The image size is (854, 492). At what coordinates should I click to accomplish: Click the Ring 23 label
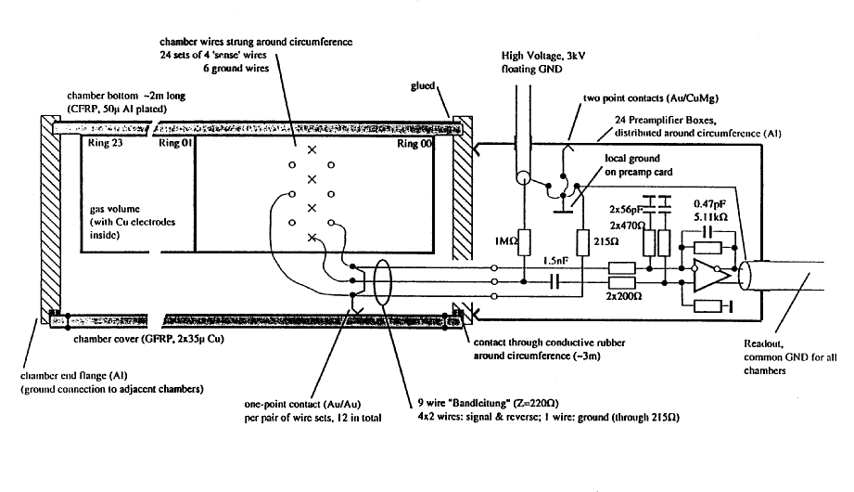(x=103, y=145)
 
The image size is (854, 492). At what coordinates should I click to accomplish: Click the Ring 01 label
(x=177, y=145)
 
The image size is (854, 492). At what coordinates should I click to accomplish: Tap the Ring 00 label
(x=414, y=146)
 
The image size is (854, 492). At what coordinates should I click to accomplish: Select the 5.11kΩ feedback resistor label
(x=709, y=214)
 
